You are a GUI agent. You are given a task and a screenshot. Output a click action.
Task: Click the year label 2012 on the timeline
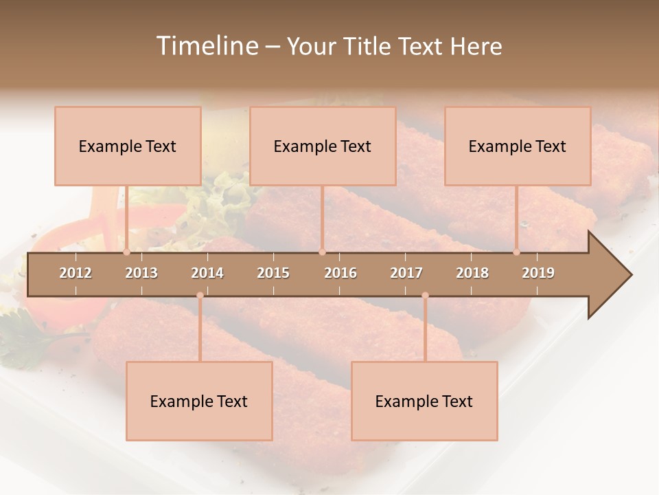click(x=76, y=273)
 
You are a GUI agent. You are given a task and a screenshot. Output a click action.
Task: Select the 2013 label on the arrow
click(x=141, y=273)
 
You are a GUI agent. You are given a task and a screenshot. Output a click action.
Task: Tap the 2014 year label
click(x=207, y=273)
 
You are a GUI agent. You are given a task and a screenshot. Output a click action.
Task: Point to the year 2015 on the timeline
click(x=273, y=273)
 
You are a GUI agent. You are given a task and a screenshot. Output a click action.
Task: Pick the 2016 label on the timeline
click(x=340, y=273)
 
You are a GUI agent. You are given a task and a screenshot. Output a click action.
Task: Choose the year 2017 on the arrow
click(x=406, y=273)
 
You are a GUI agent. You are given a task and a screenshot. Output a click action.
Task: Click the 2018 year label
click(x=472, y=273)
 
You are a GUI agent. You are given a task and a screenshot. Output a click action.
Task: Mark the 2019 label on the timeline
click(x=538, y=273)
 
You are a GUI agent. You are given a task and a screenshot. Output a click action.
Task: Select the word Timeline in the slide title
click(x=207, y=46)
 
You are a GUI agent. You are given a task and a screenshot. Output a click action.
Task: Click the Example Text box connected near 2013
click(x=128, y=146)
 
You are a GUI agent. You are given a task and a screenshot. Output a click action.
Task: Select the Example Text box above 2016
click(x=323, y=146)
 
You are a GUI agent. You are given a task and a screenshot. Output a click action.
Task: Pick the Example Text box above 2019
click(x=518, y=146)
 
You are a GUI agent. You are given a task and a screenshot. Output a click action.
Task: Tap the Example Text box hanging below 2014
click(x=199, y=401)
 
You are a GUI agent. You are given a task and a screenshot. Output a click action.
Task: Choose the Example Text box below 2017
click(x=424, y=401)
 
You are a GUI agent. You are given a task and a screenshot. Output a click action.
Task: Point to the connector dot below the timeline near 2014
click(x=200, y=296)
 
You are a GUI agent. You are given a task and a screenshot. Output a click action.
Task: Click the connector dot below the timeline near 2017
click(x=425, y=296)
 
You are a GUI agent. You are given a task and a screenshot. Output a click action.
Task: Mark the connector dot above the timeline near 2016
click(x=322, y=252)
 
